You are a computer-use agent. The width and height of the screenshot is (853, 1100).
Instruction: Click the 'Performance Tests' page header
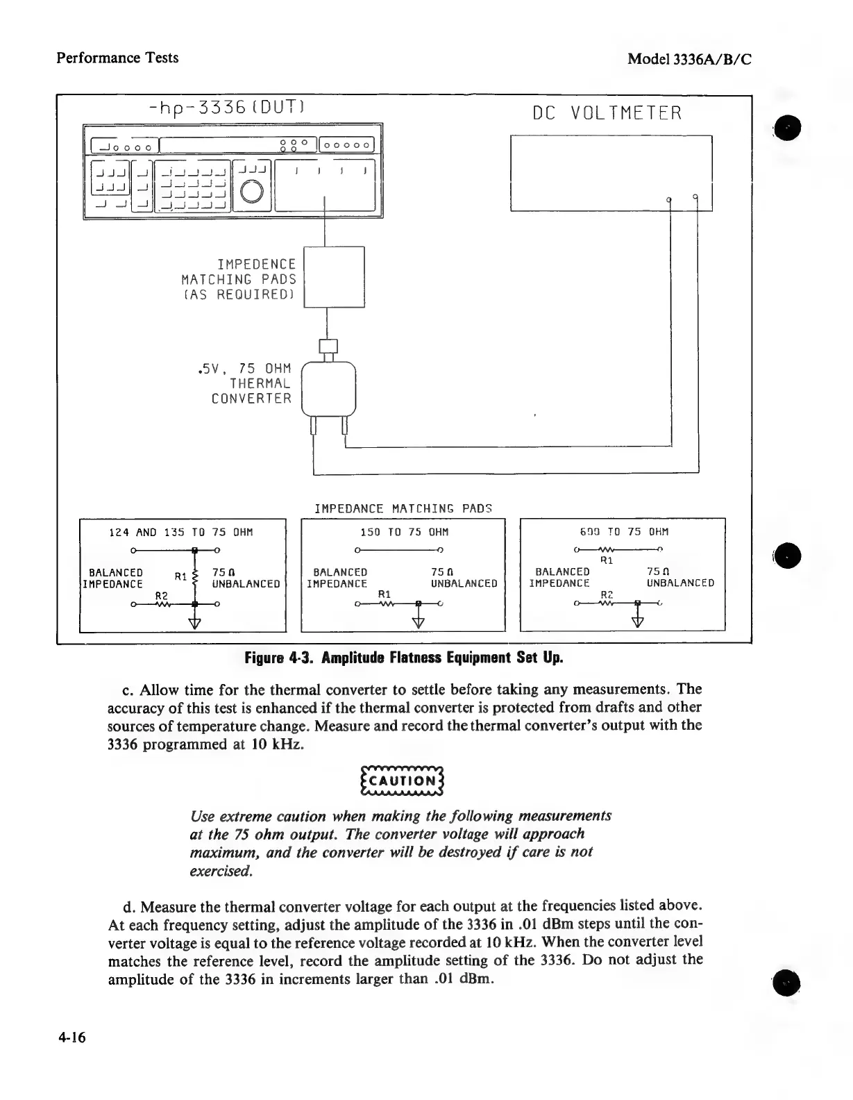tap(117, 58)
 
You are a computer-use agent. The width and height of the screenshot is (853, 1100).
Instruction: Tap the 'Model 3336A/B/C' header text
tap(689, 59)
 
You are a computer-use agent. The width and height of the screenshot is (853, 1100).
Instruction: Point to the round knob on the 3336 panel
tap(251, 191)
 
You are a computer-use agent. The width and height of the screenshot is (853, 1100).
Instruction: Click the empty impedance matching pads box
tap(335, 277)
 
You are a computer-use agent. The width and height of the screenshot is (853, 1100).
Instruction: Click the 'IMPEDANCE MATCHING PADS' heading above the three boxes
tap(403, 508)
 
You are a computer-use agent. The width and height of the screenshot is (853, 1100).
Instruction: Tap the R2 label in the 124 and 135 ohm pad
tap(162, 595)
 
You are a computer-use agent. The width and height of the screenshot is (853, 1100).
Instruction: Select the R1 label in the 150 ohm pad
tap(385, 595)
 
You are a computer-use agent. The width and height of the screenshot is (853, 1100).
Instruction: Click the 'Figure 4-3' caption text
tap(403, 658)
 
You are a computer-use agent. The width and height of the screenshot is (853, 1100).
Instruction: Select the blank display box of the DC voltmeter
tap(611, 172)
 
